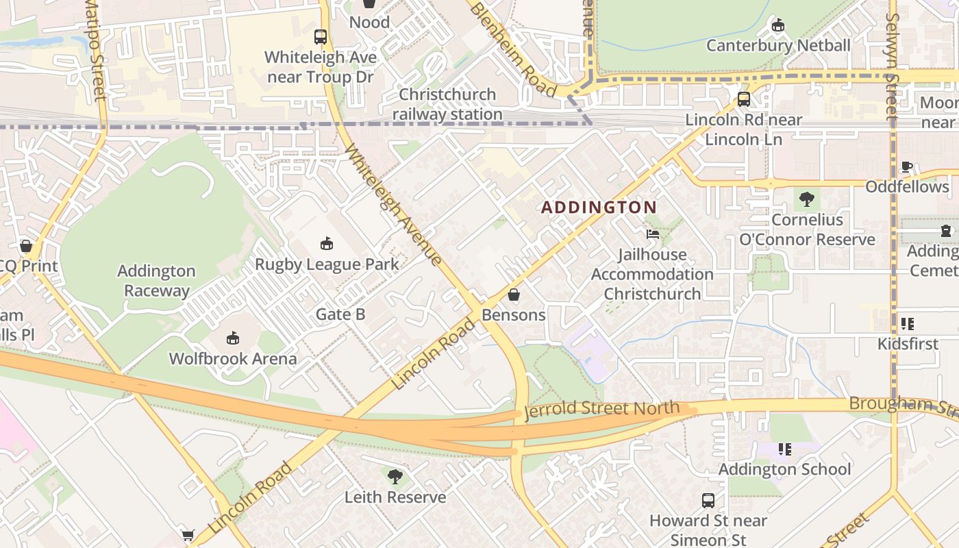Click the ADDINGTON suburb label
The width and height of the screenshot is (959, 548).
point(599,207)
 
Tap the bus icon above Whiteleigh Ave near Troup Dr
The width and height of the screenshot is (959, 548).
point(321,37)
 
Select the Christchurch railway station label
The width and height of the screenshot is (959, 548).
point(447,104)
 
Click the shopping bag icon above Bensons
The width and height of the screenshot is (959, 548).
point(514,295)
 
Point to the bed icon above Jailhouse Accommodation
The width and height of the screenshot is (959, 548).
point(653,234)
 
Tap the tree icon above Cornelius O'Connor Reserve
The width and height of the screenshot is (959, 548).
point(807,199)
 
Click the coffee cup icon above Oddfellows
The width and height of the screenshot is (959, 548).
point(907,166)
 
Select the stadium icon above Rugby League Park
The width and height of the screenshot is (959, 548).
point(327,243)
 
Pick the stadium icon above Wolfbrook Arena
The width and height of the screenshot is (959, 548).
point(233,338)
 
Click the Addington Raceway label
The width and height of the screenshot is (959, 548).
point(156,281)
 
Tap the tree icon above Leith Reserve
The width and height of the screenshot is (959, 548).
point(395,476)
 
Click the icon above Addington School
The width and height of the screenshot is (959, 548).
point(784,449)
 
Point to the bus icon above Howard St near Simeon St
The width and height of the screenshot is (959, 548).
point(708,501)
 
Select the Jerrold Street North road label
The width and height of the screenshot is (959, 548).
point(602,410)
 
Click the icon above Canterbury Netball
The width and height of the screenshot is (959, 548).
point(777,25)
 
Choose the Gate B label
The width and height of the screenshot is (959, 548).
point(340,314)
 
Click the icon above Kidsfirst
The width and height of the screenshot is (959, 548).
point(908,323)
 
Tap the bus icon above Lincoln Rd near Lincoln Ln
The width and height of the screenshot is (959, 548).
point(744,99)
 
